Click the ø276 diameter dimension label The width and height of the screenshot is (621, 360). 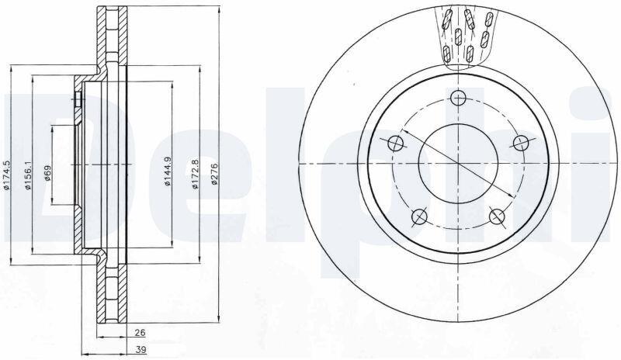pos(215,174)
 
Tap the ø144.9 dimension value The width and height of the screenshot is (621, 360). pos(168,171)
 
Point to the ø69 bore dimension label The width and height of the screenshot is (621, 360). pos(47,173)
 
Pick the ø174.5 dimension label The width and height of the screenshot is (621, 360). pos(6,175)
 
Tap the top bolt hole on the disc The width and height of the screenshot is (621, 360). pos(458,98)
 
